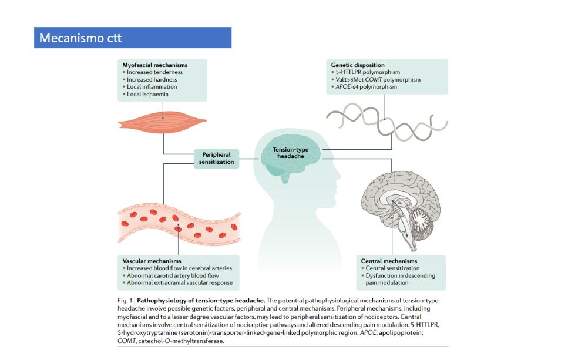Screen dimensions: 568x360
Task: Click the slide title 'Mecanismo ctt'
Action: pos(80,38)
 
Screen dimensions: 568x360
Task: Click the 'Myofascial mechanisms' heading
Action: pos(154,65)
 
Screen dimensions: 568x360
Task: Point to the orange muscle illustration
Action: pos(162,122)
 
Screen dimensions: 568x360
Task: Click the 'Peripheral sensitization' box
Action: pos(216,158)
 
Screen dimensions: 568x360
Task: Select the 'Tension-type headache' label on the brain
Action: pos(291,153)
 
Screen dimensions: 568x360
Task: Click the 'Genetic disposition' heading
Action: pos(358,65)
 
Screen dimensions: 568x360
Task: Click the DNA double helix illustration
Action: pos(387,122)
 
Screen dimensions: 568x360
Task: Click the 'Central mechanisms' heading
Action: pos(389,261)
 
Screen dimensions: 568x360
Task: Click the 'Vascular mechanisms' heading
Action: pos(152,261)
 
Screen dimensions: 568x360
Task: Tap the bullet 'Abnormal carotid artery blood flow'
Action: pos(173,275)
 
